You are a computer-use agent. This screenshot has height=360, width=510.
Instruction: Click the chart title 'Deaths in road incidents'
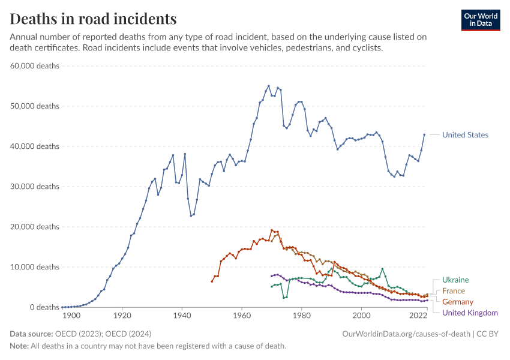click(x=94, y=19)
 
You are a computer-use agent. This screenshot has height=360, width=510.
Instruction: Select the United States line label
click(x=465, y=135)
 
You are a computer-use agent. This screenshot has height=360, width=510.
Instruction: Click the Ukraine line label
click(x=455, y=280)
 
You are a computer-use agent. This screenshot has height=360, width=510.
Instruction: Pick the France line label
click(x=454, y=291)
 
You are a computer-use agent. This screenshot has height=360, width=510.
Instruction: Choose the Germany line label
click(x=458, y=302)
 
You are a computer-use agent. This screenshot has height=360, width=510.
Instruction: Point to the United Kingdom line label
click(x=470, y=313)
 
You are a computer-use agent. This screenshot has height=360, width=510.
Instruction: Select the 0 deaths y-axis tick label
click(x=40, y=307)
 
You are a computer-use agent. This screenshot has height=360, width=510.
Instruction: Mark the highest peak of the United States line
click(x=268, y=86)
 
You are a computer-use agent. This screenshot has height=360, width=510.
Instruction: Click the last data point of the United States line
click(x=424, y=134)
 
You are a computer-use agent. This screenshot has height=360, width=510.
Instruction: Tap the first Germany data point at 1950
click(x=212, y=281)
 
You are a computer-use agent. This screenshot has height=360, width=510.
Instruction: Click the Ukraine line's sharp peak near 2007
click(x=382, y=269)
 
